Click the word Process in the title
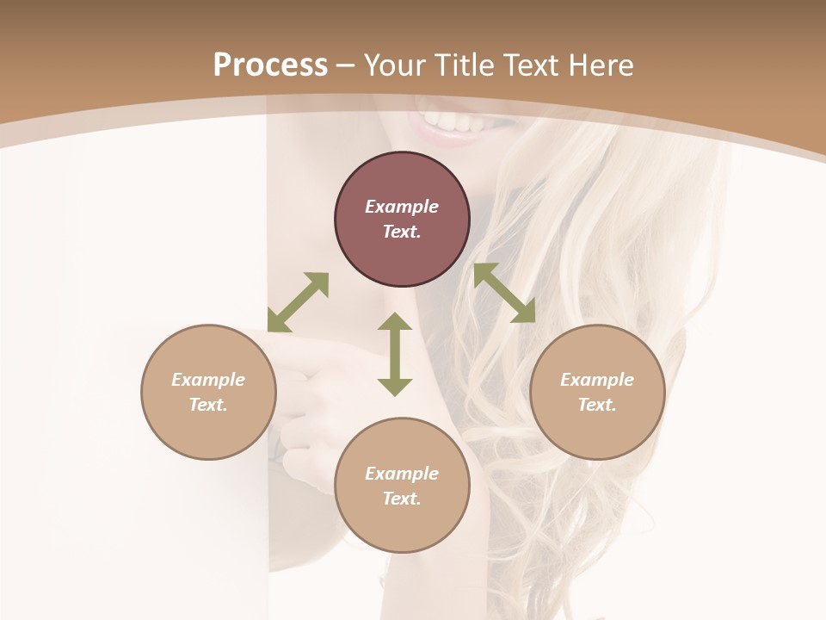[x=270, y=65]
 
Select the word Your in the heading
[x=394, y=65]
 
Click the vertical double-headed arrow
[x=395, y=354]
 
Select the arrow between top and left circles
[x=298, y=302]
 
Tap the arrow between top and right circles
[x=504, y=293]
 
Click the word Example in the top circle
[x=402, y=207]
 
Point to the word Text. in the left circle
[x=208, y=405]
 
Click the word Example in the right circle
[x=597, y=380]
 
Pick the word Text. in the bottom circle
[x=402, y=499]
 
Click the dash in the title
[x=346, y=65]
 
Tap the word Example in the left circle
[x=208, y=380]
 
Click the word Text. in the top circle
[x=402, y=232]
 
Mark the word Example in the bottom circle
[x=402, y=474]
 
